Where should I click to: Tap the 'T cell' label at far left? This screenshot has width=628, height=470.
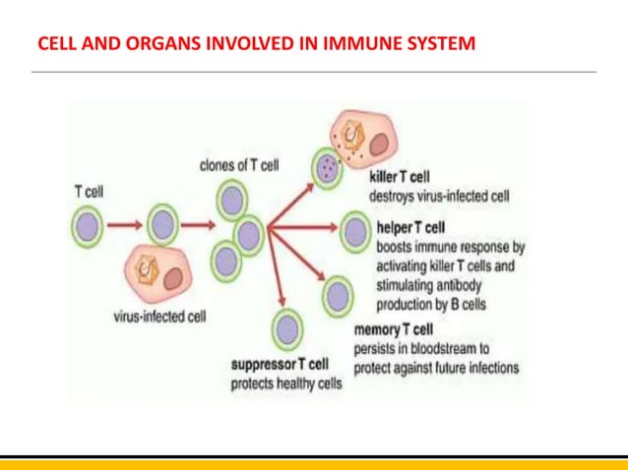click(88, 193)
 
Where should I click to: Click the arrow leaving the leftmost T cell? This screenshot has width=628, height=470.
click(125, 227)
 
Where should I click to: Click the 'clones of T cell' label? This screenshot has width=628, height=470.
click(238, 165)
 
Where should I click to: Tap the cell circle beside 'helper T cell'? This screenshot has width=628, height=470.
click(354, 233)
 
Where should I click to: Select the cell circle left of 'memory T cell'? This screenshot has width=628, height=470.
click(338, 294)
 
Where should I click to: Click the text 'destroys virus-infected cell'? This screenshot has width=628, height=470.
click(439, 196)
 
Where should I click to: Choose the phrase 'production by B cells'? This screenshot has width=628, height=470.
click(431, 304)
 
